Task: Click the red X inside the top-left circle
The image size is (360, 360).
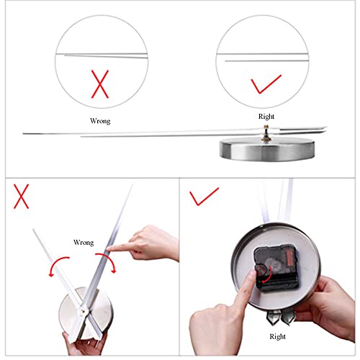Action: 100,84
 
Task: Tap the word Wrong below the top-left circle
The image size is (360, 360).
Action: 100,121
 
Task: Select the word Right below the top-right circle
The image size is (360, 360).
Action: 266,117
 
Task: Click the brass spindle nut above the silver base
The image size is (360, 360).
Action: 266,134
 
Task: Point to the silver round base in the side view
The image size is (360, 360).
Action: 267,149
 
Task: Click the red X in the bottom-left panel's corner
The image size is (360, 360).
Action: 21,197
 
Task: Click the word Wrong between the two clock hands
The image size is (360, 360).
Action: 84,243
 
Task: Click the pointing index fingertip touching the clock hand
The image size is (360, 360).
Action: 109,248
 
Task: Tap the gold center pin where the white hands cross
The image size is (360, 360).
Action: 84,311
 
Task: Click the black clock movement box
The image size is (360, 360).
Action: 276,267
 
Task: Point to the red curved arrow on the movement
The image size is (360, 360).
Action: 268,274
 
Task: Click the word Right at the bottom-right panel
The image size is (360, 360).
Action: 277,336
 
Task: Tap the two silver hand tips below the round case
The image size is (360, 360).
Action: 280,317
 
